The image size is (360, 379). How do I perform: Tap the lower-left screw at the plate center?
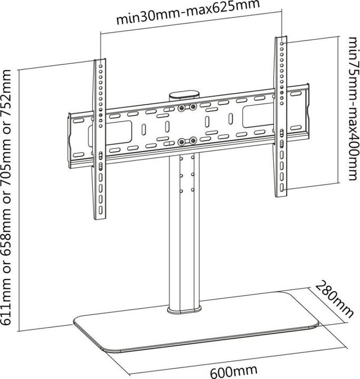click(182, 141)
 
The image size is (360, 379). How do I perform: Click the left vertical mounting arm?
click(100, 142)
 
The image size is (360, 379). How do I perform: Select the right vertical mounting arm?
click(282, 116)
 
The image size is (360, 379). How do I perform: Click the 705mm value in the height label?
click(9, 165)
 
